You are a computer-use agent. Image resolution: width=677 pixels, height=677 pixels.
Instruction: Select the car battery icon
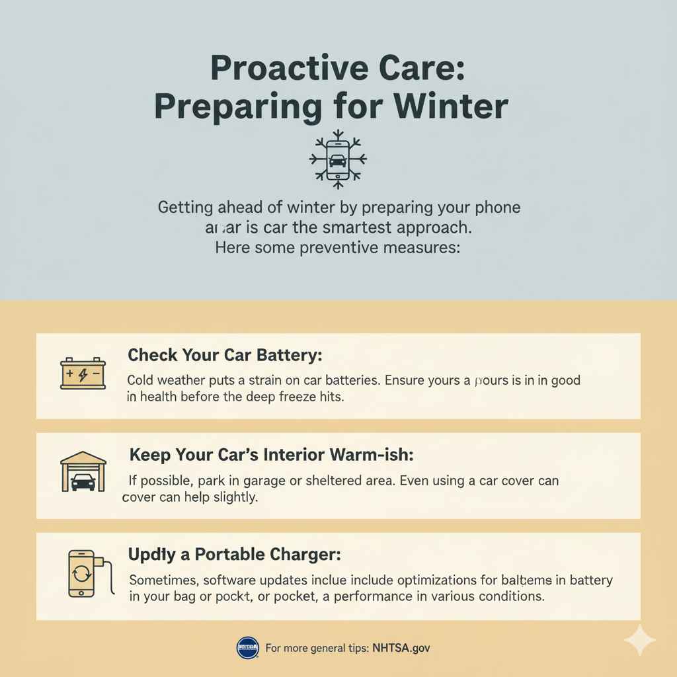pyautogui.click(x=83, y=374)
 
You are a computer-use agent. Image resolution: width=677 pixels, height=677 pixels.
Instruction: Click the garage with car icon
pyautogui.click(x=83, y=472)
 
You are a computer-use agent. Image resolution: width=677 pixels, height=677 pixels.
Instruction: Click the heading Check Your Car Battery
pyautogui.click(x=225, y=355)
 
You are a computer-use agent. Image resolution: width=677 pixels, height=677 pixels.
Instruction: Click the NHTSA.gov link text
pyautogui.click(x=401, y=648)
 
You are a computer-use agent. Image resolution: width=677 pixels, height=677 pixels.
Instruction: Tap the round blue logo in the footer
pyautogui.click(x=247, y=648)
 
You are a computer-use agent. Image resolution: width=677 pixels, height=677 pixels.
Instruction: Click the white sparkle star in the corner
pyautogui.click(x=639, y=640)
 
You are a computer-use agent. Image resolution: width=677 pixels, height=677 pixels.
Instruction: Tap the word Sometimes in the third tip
pyautogui.click(x=163, y=580)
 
